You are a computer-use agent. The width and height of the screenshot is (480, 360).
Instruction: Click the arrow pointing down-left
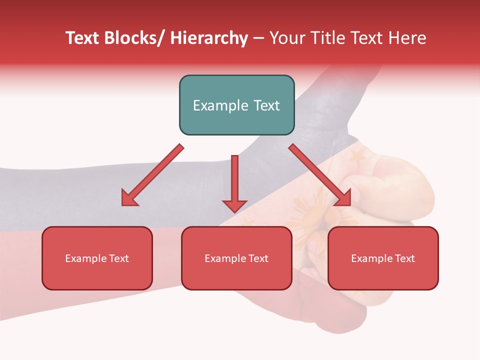(x=153, y=175)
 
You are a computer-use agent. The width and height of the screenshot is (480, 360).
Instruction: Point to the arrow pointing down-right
(x=320, y=175)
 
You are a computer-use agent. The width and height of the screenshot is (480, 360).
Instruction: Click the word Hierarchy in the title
(x=209, y=38)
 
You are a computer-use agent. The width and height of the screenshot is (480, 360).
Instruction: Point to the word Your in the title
(x=286, y=38)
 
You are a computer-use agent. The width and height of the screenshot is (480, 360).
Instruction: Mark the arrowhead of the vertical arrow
(x=234, y=205)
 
